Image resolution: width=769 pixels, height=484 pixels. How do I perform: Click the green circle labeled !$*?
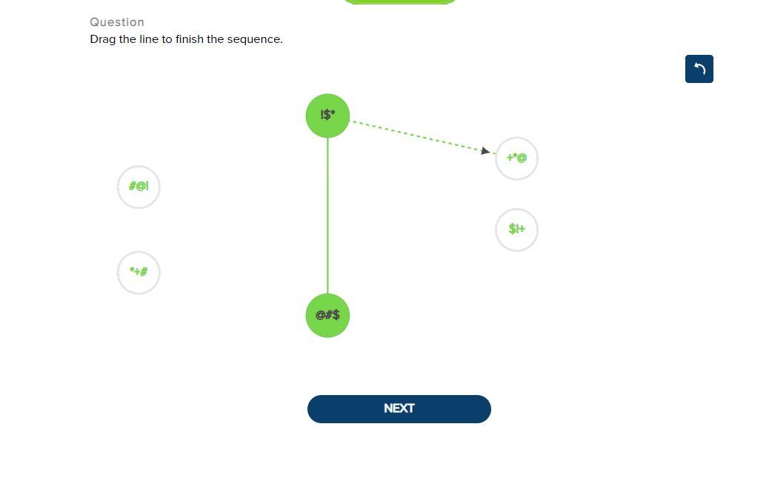pyautogui.click(x=327, y=116)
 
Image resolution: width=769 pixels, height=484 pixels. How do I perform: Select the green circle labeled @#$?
pyautogui.click(x=327, y=315)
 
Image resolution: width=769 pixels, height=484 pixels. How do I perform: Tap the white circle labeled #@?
pyautogui.click(x=139, y=187)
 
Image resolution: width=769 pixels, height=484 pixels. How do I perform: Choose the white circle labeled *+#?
pyautogui.click(x=139, y=272)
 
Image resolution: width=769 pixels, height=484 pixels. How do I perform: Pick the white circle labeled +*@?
pyautogui.click(x=516, y=158)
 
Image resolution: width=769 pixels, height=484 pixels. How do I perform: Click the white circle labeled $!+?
pyautogui.click(x=516, y=230)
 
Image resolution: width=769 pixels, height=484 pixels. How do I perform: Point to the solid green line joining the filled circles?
pyautogui.click(x=327, y=215)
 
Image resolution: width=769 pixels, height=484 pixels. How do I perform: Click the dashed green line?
pyautogui.click(x=415, y=135)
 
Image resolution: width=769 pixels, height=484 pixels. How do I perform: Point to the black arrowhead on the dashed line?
pyautogui.click(x=485, y=151)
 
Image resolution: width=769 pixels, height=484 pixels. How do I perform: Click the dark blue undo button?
pyautogui.click(x=699, y=69)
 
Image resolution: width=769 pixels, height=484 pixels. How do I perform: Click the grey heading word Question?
pyautogui.click(x=117, y=22)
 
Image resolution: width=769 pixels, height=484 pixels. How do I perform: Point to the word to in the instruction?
pyautogui.click(x=167, y=39)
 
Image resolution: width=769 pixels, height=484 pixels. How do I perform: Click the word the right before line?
pyautogui.click(x=127, y=39)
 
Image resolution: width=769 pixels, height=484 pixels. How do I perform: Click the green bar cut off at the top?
pyautogui.click(x=399, y=1)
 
